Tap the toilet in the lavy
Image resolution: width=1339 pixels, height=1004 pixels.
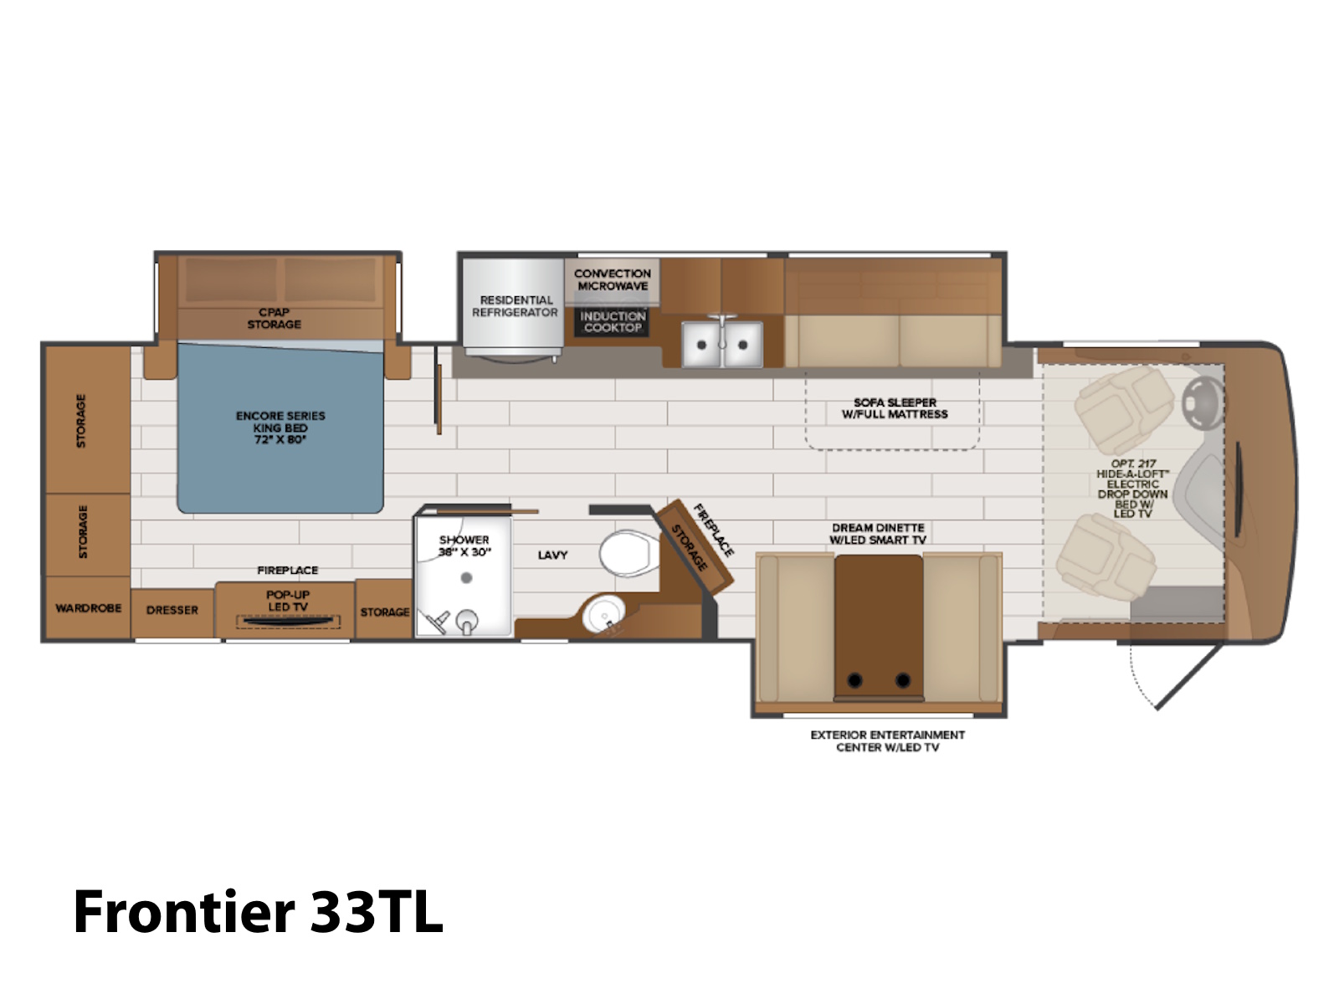coord(629,553)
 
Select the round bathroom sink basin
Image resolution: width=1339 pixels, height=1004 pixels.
coord(604,614)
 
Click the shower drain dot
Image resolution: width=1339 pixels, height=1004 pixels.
coord(467,577)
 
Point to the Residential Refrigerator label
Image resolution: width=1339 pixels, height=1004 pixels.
coord(516,306)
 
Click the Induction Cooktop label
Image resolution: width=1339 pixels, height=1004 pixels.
coord(613,321)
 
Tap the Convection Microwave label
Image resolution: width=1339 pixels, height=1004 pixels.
coord(613,279)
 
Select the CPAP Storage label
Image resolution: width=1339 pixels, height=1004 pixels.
coord(274,318)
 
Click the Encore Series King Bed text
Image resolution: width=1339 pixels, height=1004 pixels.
coord(280,428)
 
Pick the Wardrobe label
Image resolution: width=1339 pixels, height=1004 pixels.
coord(89,607)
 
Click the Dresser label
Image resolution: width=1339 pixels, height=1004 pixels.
coord(172,610)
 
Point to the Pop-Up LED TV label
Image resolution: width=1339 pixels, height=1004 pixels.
coord(287,601)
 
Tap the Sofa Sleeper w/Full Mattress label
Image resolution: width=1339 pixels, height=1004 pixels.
coord(895,408)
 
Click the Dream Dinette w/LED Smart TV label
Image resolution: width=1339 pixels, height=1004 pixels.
coord(878,534)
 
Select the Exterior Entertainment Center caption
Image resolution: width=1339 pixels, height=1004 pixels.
coord(888,740)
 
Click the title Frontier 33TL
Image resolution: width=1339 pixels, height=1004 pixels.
coord(258,911)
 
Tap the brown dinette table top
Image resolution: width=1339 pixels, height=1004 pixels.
coord(879,627)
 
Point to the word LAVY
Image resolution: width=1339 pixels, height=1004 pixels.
coord(552,555)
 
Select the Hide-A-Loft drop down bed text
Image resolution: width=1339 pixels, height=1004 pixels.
coord(1133,489)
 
